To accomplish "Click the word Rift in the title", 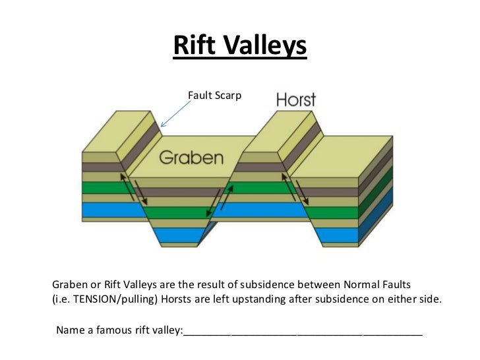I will (193, 45).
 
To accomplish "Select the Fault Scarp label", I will (214, 96).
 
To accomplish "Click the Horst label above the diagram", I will (295, 100).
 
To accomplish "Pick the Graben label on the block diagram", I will (191, 158).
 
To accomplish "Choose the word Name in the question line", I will (71, 330).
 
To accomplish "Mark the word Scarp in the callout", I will (228, 96).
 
